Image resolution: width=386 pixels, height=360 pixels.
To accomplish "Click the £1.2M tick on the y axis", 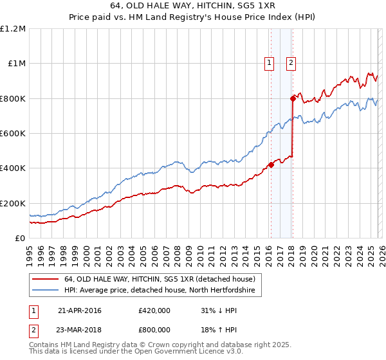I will tap(14, 28).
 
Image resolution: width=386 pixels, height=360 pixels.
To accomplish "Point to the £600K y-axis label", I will tap(14, 133).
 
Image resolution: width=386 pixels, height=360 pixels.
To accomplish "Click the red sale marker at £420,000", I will tap(271, 165).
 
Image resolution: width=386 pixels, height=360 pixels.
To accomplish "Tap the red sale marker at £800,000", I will tap(293, 98).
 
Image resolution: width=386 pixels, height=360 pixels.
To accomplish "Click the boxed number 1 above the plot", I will tap(269, 63).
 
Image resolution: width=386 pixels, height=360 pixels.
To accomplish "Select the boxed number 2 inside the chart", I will tap(291, 63).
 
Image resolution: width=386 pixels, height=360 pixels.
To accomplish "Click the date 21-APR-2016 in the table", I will tap(80, 310).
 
